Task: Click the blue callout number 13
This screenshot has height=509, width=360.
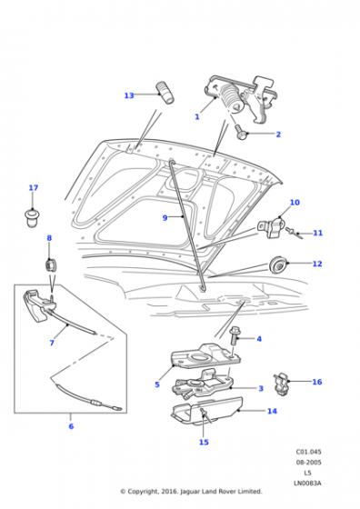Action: coord(129,95)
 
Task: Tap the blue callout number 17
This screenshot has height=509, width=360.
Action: coord(34,187)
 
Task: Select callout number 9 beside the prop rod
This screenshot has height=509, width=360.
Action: coord(165,218)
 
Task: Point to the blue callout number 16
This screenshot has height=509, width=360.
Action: coord(317,382)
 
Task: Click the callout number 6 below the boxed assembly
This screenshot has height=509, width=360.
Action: coord(71,426)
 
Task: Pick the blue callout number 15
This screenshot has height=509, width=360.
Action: coord(204,442)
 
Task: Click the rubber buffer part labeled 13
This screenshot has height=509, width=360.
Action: coord(165,93)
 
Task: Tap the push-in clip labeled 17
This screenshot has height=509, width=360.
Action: coord(32,218)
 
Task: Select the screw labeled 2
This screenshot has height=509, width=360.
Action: coord(241,132)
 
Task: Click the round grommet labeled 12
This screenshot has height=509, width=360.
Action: coord(277,264)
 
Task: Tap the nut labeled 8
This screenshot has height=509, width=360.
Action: coord(50,265)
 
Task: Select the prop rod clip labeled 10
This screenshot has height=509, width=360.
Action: coord(272,227)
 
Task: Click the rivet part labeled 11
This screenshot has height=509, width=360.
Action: coord(294,233)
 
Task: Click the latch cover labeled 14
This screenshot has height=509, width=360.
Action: coord(208,411)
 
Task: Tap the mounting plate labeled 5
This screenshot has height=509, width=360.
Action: coord(205,356)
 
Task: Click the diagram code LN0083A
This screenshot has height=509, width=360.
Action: coord(307,483)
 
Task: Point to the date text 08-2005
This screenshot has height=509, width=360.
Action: coord(308,463)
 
